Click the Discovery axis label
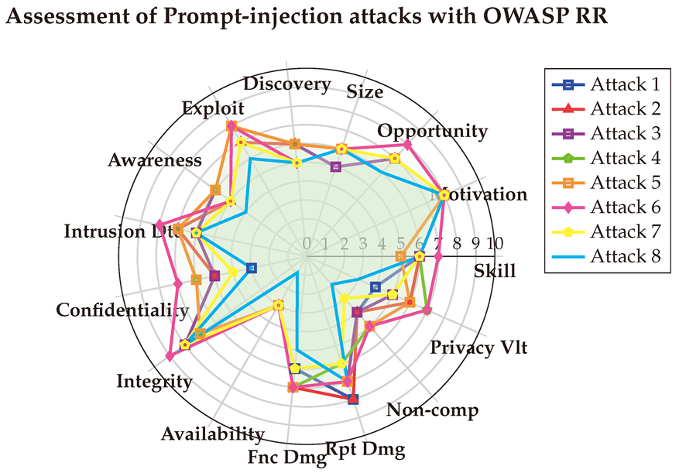click(286, 84)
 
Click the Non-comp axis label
click(434, 410)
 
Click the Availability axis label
click(213, 434)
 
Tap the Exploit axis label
click(213, 108)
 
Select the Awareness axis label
click(155, 160)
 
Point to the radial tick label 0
click(307, 243)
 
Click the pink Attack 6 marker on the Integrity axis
click(170, 355)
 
